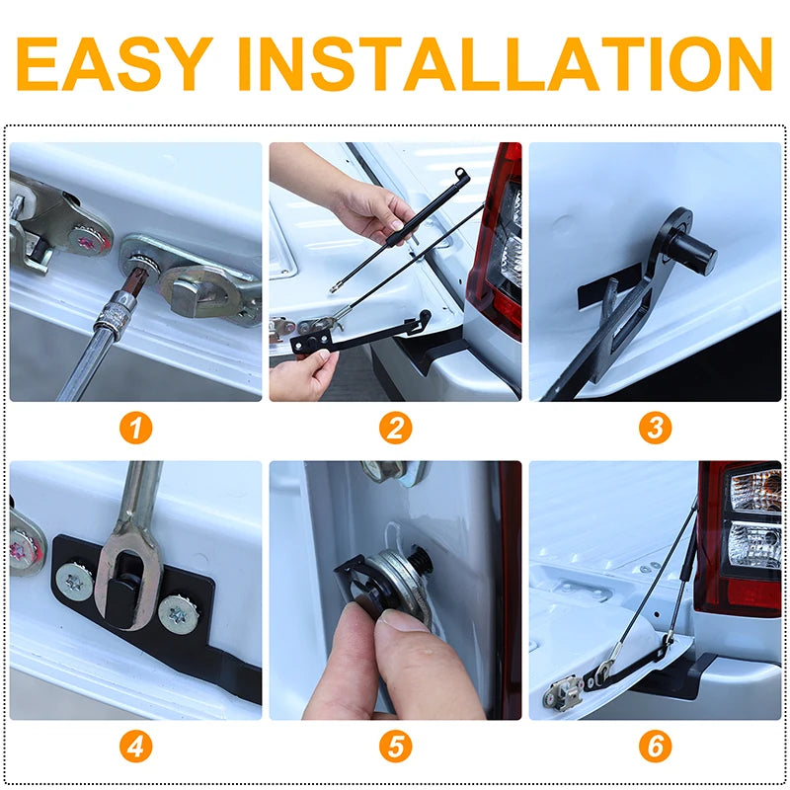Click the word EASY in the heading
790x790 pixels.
115,63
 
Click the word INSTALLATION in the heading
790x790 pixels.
505,63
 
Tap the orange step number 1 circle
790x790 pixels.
135,428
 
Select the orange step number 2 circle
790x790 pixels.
396,428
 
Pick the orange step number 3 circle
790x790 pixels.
655,428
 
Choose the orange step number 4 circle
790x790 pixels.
135,747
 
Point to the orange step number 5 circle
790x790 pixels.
396,747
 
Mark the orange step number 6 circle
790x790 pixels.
655,747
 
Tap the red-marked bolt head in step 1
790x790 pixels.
89,242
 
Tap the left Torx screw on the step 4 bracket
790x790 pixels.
75,582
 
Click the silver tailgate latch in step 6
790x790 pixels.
563,692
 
